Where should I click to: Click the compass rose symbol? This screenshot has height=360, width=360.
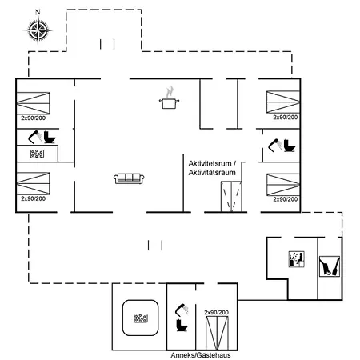coord(38,30)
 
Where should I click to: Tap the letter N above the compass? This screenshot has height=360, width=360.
coord(38,12)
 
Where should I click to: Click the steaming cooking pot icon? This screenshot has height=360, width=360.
coord(169,98)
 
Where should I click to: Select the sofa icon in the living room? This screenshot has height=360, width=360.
coord(129,178)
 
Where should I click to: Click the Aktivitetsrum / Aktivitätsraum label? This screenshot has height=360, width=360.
coord(212,168)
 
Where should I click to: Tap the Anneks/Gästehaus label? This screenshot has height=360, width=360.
coord(201,355)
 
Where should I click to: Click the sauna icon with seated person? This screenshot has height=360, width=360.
coord(297,258)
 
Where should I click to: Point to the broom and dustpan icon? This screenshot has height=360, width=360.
coord(330,266)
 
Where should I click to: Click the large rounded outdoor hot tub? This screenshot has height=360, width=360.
coord(140,318)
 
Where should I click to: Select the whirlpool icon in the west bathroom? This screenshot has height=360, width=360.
coord(37,154)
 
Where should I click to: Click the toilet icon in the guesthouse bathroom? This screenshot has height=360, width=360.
coord(182,326)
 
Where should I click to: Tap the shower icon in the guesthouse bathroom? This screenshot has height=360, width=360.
coord(182,310)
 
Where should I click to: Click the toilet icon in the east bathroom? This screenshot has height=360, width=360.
coord(290,146)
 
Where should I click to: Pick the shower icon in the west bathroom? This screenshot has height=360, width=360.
coord(35,137)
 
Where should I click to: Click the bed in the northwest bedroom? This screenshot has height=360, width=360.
coord(33,103)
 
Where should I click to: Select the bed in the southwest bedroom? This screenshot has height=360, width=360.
coord(33,183)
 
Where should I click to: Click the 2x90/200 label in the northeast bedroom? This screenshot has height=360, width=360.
coord(286,118)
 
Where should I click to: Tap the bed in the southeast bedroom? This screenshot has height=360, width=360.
coord(283,185)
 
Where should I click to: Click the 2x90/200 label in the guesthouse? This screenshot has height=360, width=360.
coord(217,312)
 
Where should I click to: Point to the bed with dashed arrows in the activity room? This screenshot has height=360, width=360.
coord(231,197)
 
